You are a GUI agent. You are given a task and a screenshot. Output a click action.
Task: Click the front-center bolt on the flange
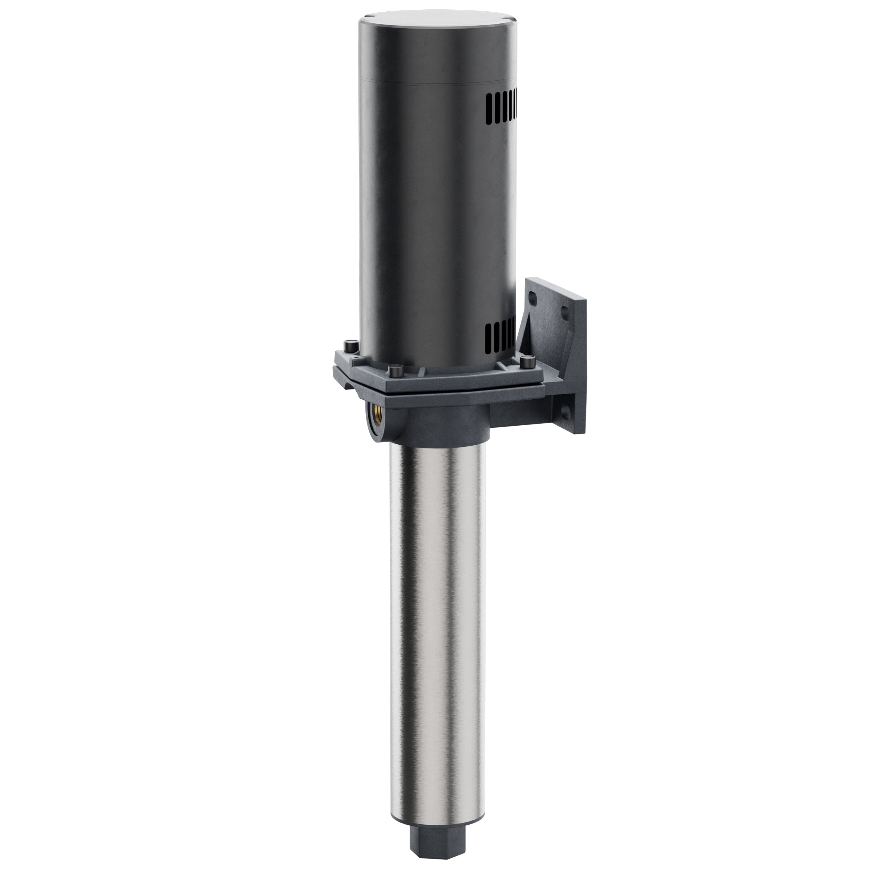pos(394,371)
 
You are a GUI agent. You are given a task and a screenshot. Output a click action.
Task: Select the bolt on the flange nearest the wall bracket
pos(526,362)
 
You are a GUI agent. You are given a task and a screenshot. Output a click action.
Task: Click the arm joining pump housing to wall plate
pos(522,411)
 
